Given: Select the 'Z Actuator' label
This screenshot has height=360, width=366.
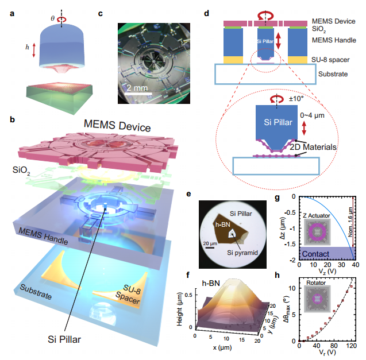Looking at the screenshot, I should coord(314,216).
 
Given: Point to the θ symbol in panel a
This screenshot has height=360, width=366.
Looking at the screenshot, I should coord(53,17).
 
